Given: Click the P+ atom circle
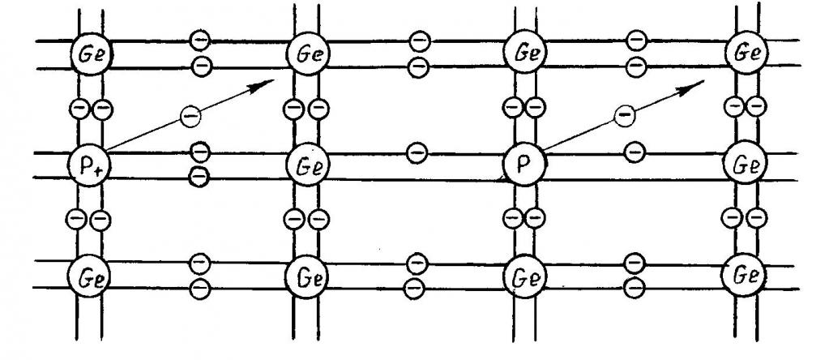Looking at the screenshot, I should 88,165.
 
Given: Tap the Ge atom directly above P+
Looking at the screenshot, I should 90,54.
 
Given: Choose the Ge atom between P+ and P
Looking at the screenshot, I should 307,165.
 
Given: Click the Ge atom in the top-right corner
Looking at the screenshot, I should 746,54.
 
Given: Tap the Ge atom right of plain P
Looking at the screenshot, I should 745,165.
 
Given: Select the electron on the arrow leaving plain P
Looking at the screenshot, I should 623,117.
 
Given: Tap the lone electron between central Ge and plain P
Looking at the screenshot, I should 417,150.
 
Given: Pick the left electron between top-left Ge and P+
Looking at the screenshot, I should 79,108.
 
